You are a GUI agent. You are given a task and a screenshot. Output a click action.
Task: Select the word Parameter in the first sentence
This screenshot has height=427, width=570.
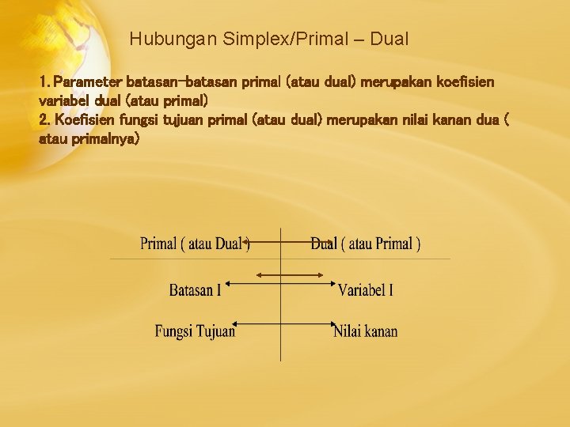(85, 82)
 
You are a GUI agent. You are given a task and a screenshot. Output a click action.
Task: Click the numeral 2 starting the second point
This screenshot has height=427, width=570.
(43, 119)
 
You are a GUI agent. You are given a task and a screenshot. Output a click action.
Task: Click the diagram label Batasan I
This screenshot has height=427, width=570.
(195, 290)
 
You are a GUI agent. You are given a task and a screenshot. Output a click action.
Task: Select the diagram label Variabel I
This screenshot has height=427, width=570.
(366, 290)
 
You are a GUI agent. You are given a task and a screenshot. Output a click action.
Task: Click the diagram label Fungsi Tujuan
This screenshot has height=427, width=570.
(195, 331)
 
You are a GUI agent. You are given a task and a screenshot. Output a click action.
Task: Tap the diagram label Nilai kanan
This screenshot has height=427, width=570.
(366, 331)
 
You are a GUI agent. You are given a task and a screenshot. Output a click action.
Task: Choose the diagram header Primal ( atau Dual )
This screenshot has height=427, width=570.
(195, 244)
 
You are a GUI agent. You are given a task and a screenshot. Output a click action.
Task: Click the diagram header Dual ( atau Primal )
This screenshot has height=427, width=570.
(366, 244)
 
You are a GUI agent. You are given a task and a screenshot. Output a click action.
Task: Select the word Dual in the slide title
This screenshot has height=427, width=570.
(389, 38)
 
